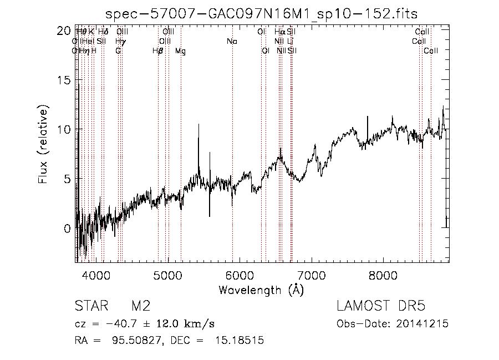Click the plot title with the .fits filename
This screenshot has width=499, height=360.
(262, 13)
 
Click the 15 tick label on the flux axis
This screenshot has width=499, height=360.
(65, 80)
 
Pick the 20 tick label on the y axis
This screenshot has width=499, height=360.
(65, 31)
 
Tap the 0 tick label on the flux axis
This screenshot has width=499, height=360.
(68, 228)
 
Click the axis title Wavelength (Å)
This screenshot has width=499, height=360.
(261, 290)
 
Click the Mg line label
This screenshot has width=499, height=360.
(181, 51)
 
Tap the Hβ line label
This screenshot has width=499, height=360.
(158, 51)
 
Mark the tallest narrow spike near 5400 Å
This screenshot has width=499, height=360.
(198, 125)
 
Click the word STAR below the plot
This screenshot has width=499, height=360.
(89, 307)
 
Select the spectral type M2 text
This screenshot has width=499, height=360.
(140, 307)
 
